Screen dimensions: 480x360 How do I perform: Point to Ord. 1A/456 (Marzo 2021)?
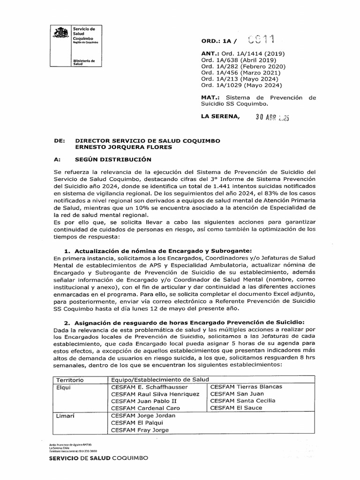click(242, 73)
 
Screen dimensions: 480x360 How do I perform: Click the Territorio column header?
click(70, 379)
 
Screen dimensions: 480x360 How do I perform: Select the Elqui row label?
click(64, 387)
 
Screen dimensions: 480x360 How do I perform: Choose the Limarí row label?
click(66, 415)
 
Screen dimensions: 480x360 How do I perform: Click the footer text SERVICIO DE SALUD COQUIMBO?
click(98, 457)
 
